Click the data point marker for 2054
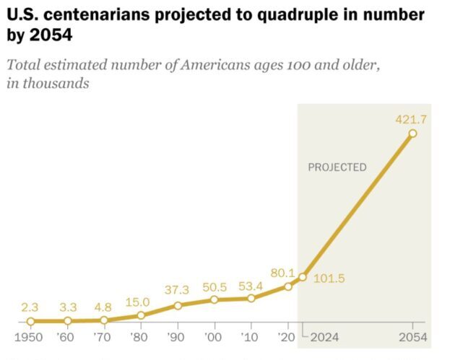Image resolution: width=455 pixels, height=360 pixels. [x=412, y=133]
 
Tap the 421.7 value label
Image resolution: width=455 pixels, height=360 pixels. [x=410, y=119]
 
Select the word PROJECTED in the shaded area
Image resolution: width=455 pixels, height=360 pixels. [x=337, y=167]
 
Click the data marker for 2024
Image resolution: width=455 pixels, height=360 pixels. [x=303, y=276]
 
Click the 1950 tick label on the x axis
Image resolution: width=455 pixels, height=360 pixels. [x=30, y=338]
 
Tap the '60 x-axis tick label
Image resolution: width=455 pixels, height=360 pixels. [x=67, y=338]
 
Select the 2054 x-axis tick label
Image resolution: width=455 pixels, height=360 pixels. [x=412, y=338]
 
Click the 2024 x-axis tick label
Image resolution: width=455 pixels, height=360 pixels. [x=324, y=338]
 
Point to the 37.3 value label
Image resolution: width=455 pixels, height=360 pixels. [x=177, y=290]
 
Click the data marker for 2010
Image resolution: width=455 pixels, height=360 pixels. [x=251, y=298]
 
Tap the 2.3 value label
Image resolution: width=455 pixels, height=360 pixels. [x=30, y=307]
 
